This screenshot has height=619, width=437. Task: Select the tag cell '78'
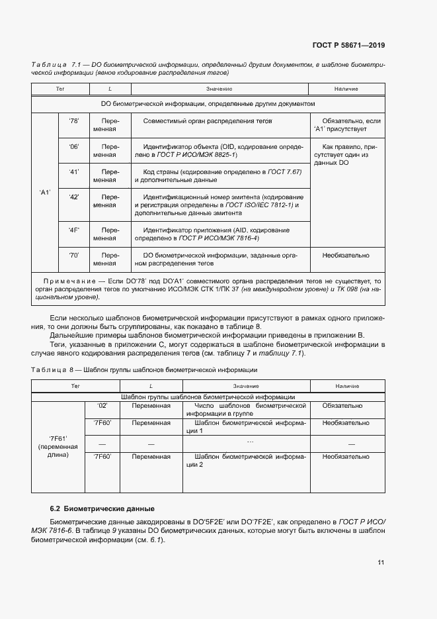73,121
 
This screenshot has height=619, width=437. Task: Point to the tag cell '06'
73,146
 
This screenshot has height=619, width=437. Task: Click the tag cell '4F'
73,229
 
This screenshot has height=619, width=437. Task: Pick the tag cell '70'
73,255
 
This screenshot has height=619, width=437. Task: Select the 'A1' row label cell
45,193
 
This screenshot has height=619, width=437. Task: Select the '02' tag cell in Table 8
102,405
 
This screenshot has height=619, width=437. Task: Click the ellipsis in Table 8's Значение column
249,441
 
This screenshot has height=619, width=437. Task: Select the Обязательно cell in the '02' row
342,405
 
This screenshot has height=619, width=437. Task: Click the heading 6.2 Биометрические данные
102,508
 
